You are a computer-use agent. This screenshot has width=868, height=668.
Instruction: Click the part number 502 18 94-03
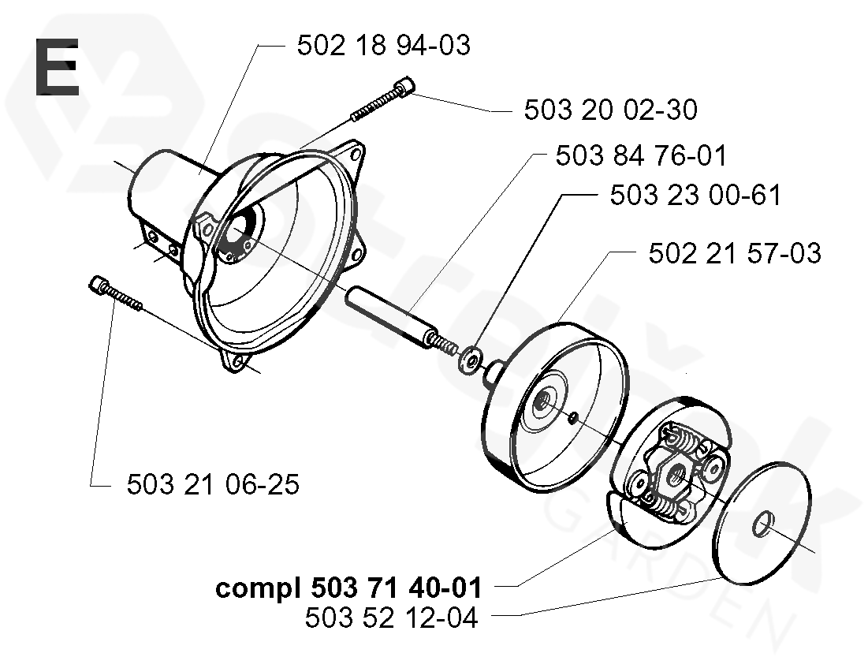pyautogui.click(x=383, y=45)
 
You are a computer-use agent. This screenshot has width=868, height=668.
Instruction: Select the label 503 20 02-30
pyautogui.click(x=610, y=110)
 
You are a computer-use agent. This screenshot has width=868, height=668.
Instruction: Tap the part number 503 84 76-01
pyautogui.click(x=641, y=155)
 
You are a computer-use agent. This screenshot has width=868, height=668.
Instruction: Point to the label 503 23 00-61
pyautogui.click(x=695, y=195)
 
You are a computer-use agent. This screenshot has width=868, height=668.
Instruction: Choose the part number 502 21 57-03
pyautogui.click(x=734, y=254)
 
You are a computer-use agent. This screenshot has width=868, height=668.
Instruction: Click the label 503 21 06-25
pyautogui.click(x=213, y=484)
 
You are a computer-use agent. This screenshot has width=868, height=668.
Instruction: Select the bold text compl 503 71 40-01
pyautogui.click(x=348, y=588)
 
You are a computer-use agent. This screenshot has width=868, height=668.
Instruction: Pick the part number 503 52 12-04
pyautogui.click(x=391, y=618)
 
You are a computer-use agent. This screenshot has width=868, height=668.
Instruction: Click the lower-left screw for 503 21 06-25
pyautogui.click(x=115, y=293)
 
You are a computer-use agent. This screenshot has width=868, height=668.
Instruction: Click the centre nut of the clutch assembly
pyautogui.click(x=676, y=475)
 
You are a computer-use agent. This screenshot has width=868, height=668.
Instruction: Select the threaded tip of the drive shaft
pyautogui.click(x=447, y=347)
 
